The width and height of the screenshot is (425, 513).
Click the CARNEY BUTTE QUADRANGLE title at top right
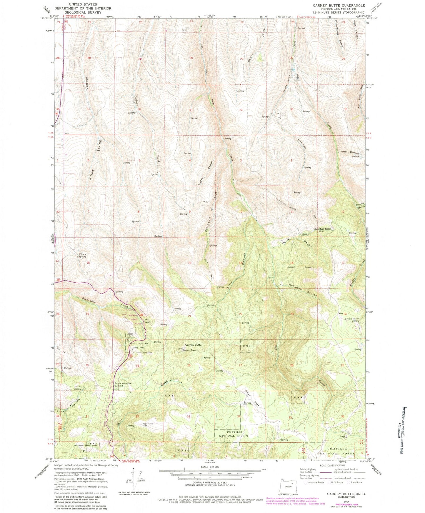click(x=339, y=5)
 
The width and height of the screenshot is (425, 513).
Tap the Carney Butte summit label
click(x=193, y=345)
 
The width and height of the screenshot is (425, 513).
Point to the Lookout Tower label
click(x=190, y=350)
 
